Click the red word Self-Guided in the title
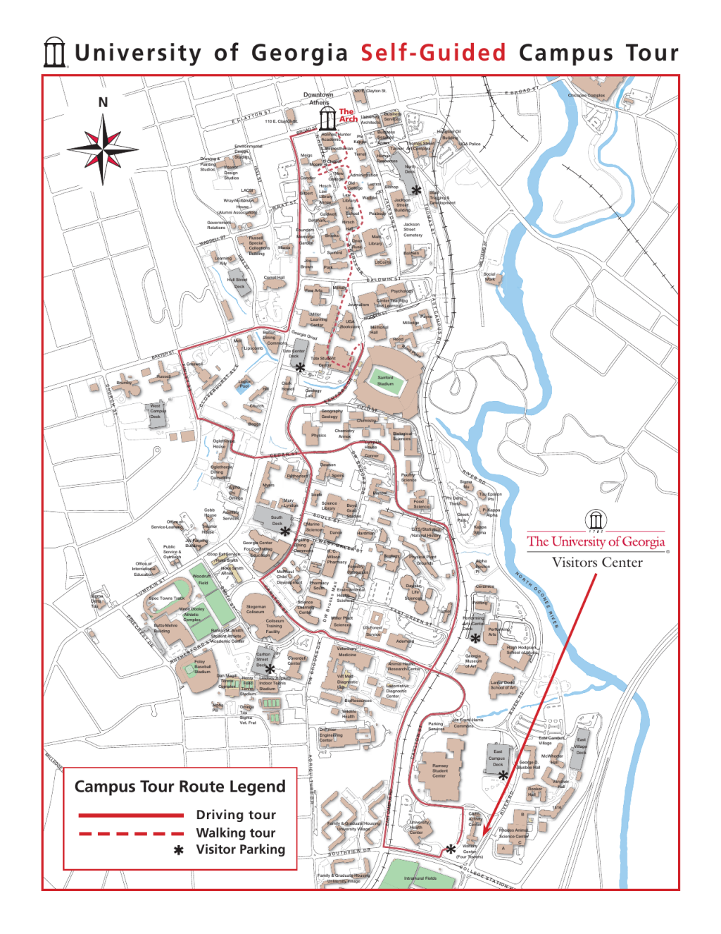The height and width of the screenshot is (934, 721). [x=433, y=53]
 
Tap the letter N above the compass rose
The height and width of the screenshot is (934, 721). [x=103, y=102]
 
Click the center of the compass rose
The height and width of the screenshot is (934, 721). [x=103, y=149]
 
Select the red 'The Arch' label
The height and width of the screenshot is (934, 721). [x=348, y=115]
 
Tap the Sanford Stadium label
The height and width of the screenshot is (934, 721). [x=385, y=381]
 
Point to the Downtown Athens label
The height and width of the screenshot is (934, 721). [x=318, y=98]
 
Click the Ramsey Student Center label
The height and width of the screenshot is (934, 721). [x=439, y=770]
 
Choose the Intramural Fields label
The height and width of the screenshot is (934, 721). [x=420, y=878]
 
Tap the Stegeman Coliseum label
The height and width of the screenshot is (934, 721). [x=256, y=609]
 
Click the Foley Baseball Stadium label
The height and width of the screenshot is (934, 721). [x=201, y=666]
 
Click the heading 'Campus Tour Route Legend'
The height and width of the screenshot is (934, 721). [x=180, y=787]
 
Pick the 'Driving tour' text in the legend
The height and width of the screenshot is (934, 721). [x=236, y=815]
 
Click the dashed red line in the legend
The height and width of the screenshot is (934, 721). [x=131, y=833]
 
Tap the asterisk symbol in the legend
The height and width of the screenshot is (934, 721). [x=179, y=850]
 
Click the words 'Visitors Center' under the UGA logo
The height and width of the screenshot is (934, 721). [x=596, y=563]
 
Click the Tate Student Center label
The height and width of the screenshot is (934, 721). [x=323, y=362]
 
